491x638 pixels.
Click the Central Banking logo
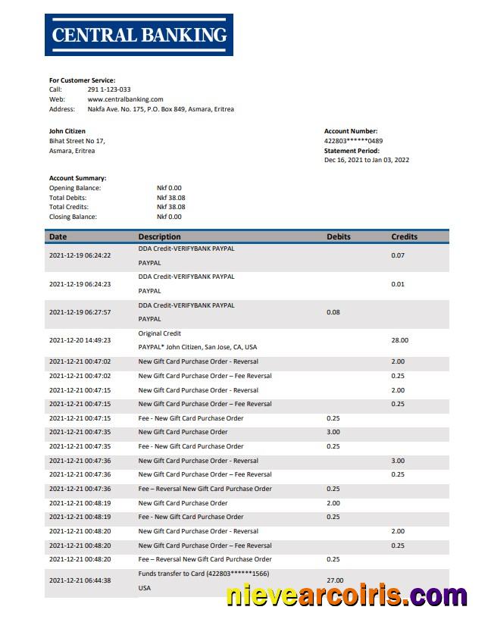coord(139,34)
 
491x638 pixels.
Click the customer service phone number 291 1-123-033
coord(109,89)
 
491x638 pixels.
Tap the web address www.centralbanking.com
coord(125,99)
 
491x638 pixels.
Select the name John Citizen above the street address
coord(67,131)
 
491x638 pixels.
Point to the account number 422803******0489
coord(353,141)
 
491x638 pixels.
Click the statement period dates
coord(367,160)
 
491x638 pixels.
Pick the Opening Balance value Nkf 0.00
coord(169,188)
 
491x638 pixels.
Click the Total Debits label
coord(68,197)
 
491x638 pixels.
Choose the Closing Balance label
coord(73,217)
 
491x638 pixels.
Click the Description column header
coord(159,236)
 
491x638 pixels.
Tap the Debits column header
coord(339,236)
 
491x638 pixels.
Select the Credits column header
coord(404,236)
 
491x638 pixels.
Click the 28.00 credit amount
coord(399,340)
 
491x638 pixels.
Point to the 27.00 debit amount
coord(334,580)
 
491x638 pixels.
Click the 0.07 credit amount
coord(398,255)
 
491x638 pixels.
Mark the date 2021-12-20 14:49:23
coord(80,340)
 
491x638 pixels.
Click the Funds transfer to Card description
coord(203,574)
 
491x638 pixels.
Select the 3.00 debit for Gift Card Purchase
coord(333,432)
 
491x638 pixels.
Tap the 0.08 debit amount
coord(333,312)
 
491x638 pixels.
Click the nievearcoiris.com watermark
coord(346,596)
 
